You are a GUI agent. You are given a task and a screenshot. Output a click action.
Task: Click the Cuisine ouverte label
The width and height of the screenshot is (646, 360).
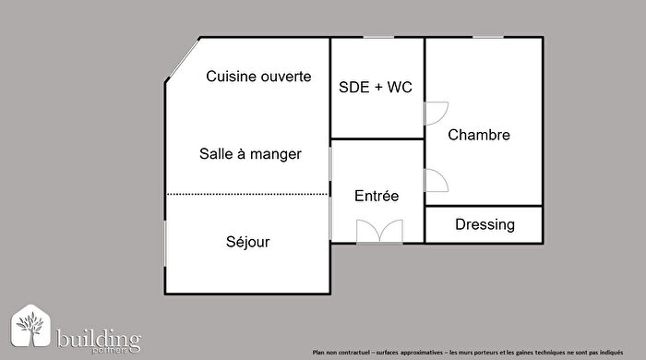tap(258, 76)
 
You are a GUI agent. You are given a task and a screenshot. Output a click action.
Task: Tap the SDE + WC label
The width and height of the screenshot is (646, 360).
tap(377, 88)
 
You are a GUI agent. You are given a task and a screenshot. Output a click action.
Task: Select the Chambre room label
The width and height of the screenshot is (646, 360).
tap(479, 135)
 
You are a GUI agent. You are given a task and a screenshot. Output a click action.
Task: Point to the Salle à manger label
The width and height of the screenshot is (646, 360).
tap(250, 153)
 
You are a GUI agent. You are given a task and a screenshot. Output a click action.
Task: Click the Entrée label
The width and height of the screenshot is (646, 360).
tap(377, 196)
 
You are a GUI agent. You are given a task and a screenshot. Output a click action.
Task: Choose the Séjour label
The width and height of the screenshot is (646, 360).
tap(247, 242)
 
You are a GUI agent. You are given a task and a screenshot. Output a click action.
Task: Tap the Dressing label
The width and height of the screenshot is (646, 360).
tap(484, 224)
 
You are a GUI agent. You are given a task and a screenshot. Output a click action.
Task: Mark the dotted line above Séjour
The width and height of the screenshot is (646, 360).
tap(247, 194)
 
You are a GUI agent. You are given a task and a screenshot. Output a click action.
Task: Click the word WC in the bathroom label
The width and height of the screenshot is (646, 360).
tap(398, 88)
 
